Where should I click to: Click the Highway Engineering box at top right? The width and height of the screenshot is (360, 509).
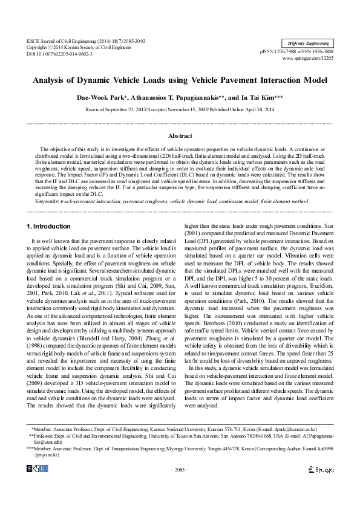[308, 44]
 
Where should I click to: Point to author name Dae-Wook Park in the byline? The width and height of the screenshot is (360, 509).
[97, 97]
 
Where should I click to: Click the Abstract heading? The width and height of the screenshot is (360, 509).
[180, 136]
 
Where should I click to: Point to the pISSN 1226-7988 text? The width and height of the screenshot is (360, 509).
[280, 53]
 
